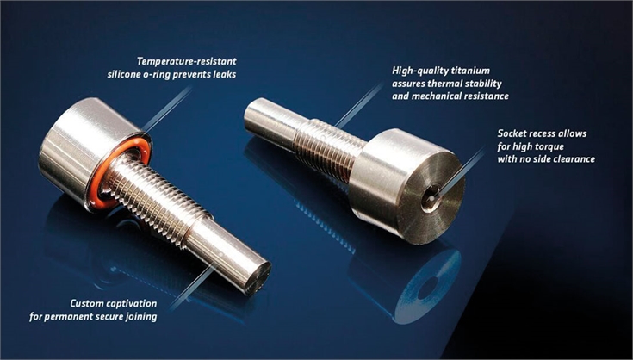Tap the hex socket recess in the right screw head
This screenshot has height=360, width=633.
point(429,198)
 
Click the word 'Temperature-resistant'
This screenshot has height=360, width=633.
point(187,61)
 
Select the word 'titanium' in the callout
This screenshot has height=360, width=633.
point(471,71)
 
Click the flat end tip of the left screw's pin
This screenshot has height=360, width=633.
point(258,278)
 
